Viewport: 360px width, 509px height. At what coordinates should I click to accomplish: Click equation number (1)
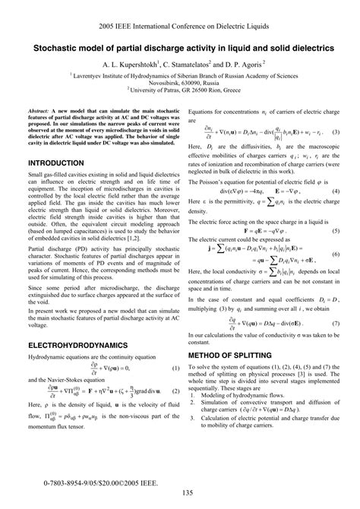[x=175, y=368]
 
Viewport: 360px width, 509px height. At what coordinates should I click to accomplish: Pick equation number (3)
[x=335, y=132]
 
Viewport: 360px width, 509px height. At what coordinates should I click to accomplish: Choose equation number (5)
[x=335, y=229]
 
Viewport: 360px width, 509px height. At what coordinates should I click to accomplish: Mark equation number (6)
[x=335, y=258]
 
